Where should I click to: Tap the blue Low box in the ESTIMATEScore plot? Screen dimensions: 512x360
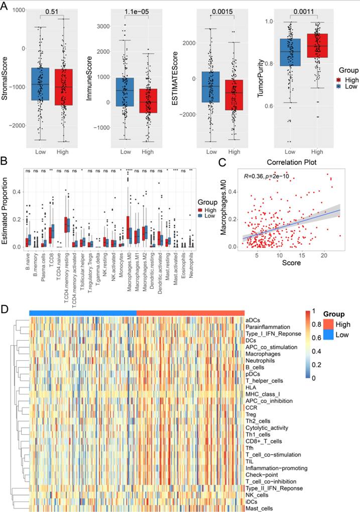point(211,87)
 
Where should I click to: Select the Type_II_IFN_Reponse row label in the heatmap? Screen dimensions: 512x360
point(273,488)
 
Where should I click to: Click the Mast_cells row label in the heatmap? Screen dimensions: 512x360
point(259,508)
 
